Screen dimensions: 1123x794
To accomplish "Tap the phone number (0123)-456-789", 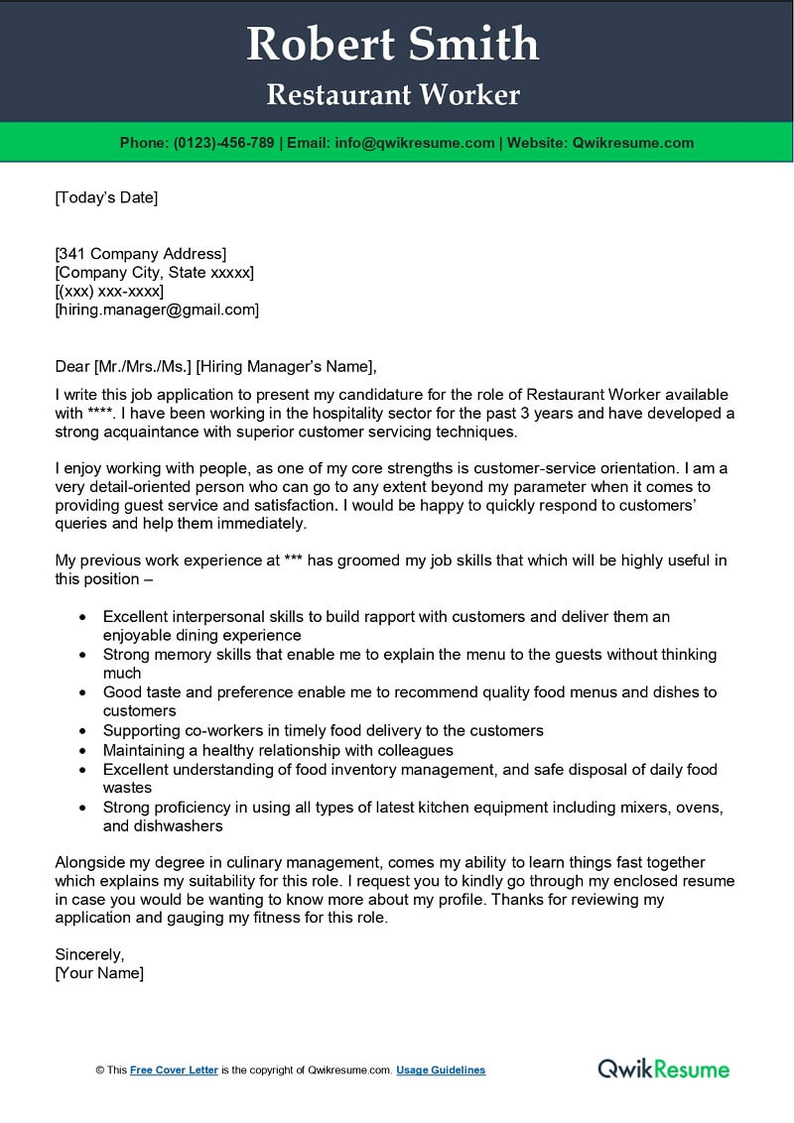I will [x=224, y=143].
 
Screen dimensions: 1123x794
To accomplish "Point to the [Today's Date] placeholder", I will [x=106, y=197].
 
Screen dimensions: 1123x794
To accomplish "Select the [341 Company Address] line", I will [x=141, y=253].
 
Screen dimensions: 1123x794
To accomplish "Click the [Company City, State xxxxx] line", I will [x=155, y=272].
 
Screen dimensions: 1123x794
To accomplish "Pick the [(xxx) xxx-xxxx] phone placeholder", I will [x=109, y=291].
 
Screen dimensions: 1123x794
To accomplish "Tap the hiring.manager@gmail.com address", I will [x=158, y=310].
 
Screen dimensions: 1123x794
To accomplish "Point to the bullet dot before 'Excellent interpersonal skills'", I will [x=81, y=617].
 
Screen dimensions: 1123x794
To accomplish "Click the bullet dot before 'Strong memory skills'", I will [x=81, y=655].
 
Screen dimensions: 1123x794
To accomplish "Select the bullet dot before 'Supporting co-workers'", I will [x=81, y=730].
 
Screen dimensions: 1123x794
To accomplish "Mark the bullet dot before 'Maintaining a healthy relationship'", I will [x=81, y=750].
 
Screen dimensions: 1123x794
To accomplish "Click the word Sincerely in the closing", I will [x=89, y=954].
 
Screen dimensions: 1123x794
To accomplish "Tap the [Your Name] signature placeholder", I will [x=99, y=973].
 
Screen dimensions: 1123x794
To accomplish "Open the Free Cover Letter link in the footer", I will [x=174, y=1070].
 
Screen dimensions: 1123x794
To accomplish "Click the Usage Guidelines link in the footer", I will [x=441, y=1070].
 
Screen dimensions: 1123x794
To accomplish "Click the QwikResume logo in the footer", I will [x=663, y=1068].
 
